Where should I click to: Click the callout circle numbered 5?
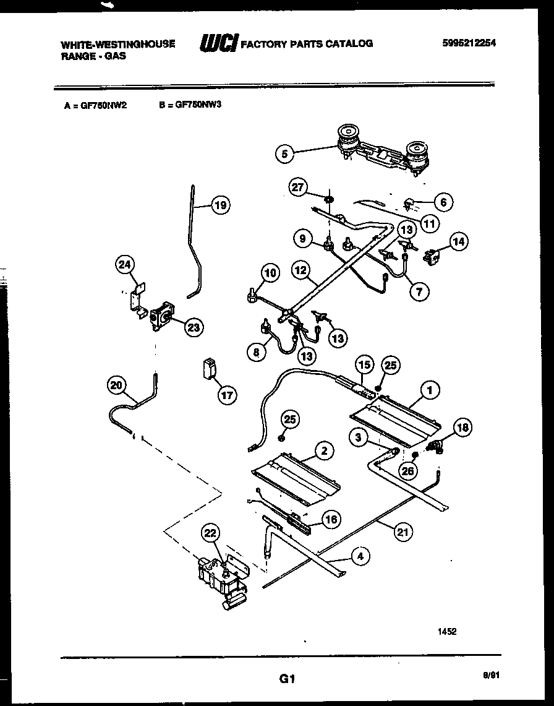(284, 153)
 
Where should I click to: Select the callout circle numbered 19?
(219, 206)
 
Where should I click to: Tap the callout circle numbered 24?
(125, 265)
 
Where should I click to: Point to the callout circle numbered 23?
(194, 328)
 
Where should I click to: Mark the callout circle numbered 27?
(299, 187)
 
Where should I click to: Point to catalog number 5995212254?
(470, 43)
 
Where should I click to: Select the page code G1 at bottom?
(285, 679)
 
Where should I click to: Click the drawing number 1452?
(448, 632)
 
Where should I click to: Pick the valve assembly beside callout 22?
(223, 579)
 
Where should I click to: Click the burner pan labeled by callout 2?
(296, 476)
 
